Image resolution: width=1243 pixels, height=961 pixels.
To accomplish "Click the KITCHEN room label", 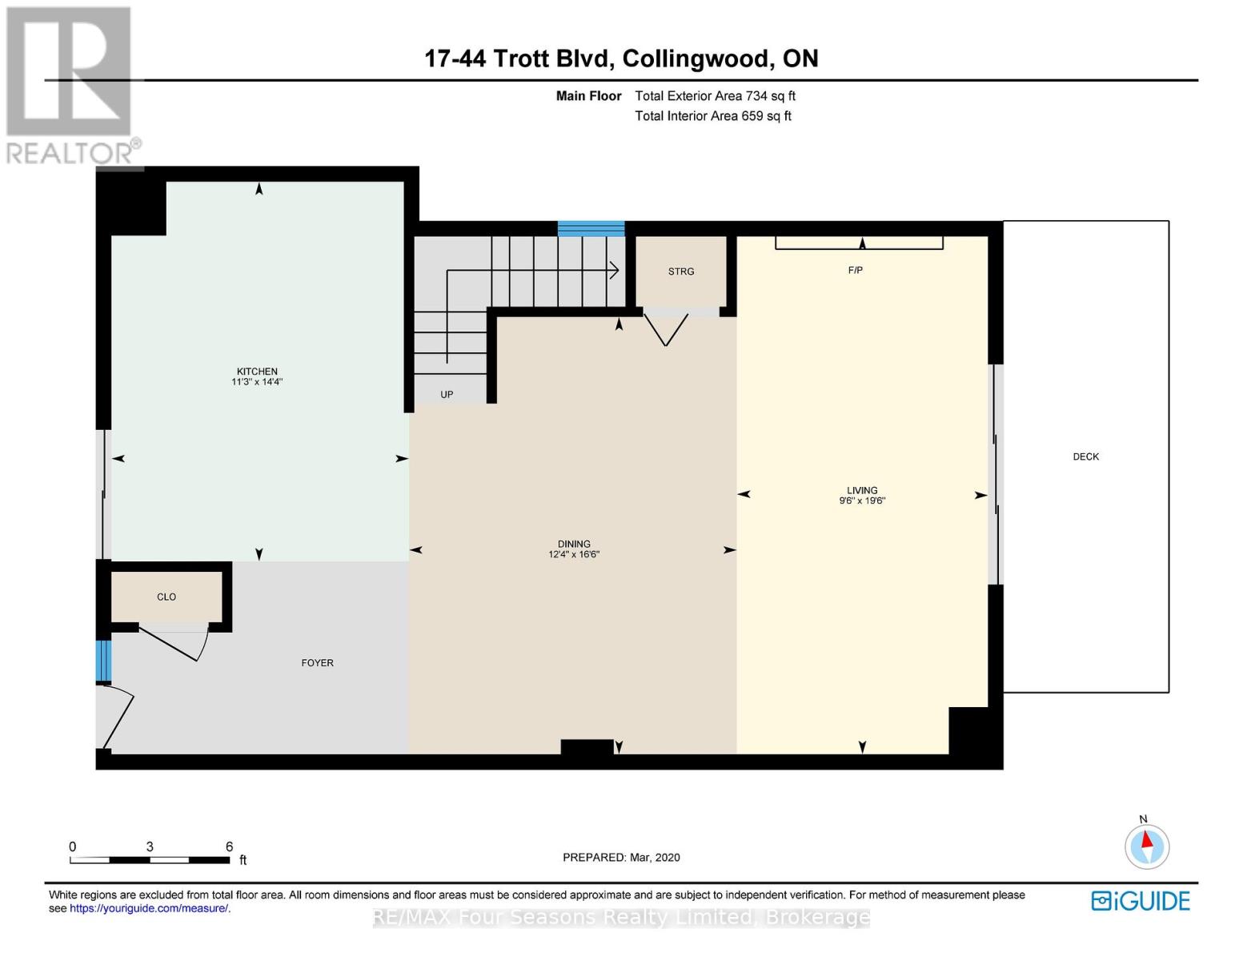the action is pyautogui.click(x=257, y=371).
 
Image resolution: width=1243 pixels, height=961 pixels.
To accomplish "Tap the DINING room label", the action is pyautogui.click(x=574, y=544).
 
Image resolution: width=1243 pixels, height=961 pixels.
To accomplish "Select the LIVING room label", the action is pyautogui.click(x=862, y=490).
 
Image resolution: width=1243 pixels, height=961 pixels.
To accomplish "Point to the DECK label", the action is pyautogui.click(x=1085, y=456).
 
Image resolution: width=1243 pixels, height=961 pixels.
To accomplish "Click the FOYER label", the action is pyautogui.click(x=318, y=662).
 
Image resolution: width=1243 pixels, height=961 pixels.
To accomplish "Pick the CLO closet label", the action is pyautogui.click(x=166, y=597).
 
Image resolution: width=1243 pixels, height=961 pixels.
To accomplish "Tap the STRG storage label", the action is pyautogui.click(x=680, y=271).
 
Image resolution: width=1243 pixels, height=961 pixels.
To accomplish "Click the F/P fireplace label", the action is pyautogui.click(x=855, y=270).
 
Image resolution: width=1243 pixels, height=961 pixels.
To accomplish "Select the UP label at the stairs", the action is pyautogui.click(x=447, y=394).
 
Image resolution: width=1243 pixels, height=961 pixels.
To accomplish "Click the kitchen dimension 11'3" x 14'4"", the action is pyautogui.click(x=257, y=382).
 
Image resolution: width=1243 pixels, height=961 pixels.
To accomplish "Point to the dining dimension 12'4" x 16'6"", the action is pyautogui.click(x=574, y=554).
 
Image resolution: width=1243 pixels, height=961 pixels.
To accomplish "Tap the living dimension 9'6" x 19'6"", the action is pyautogui.click(x=862, y=501).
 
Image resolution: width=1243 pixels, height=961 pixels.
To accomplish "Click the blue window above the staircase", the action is pyautogui.click(x=591, y=228).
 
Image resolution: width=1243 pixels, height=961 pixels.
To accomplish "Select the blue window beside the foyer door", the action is pyautogui.click(x=103, y=661).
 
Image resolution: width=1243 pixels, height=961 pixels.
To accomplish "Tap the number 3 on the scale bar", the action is pyautogui.click(x=150, y=846).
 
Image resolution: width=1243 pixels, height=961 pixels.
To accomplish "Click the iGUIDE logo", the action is pyautogui.click(x=1141, y=901).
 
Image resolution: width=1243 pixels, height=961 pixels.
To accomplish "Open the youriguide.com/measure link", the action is pyautogui.click(x=149, y=908).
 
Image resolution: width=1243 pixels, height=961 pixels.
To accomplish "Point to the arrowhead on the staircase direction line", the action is pyautogui.click(x=615, y=270).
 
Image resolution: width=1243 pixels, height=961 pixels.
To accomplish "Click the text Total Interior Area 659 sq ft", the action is pyautogui.click(x=713, y=116).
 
